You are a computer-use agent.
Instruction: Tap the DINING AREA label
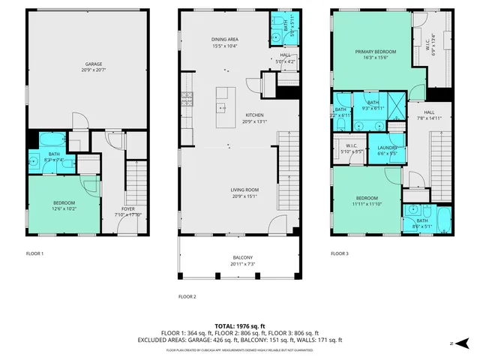[224, 39]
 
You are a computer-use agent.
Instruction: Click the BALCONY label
[237, 257]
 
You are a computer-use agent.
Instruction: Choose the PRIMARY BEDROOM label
[375, 52]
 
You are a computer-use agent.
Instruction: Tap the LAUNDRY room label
[387, 148]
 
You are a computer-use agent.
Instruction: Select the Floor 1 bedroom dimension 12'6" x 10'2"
[64, 208]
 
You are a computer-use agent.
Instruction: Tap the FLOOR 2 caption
[187, 297]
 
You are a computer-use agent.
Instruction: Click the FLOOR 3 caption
[340, 253]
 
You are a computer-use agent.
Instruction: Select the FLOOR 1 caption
[34, 253]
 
